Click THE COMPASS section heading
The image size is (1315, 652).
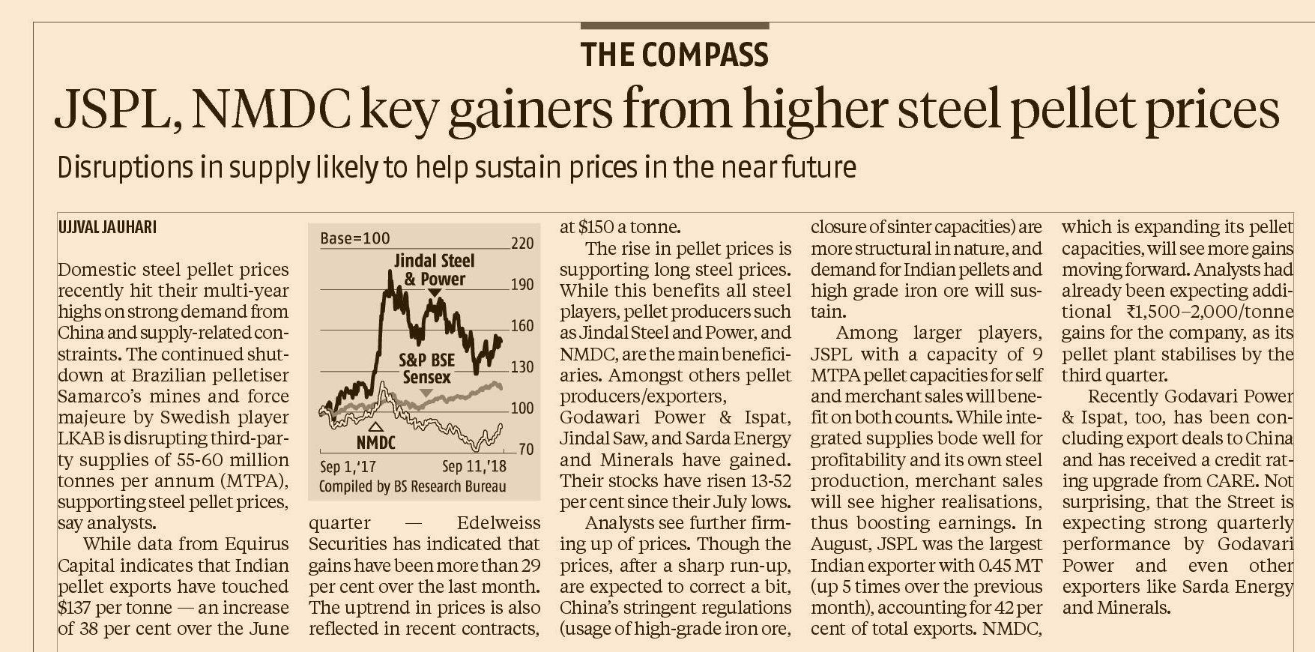click(x=674, y=55)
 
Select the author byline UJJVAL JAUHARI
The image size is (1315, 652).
click(x=107, y=227)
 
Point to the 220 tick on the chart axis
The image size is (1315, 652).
click(x=522, y=244)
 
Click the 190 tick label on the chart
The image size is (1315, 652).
click(x=522, y=285)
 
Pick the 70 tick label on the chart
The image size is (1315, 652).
click(x=527, y=449)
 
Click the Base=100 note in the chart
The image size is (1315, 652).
click(x=354, y=238)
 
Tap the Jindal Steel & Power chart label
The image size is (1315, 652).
click(x=435, y=270)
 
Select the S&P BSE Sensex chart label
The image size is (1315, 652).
click(x=427, y=369)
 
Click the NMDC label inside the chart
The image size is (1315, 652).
click(x=375, y=442)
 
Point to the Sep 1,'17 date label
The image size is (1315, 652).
click(x=348, y=466)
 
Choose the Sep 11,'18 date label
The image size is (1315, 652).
click(x=474, y=466)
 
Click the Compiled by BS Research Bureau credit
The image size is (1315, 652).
click(x=412, y=486)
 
